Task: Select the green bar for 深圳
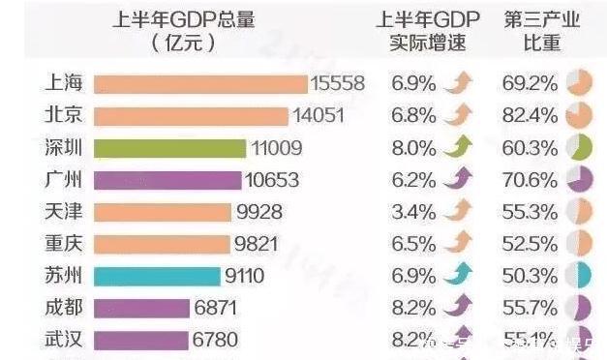[x=169, y=148]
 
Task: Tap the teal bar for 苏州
[x=157, y=276]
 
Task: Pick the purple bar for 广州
[x=167, y=180]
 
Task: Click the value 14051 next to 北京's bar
[x=319, y=116]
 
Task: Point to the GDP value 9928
[x=261, y=212]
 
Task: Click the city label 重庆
[x=64, y=244]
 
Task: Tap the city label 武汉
[x=64, y=340]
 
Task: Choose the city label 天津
[x=64, y=212]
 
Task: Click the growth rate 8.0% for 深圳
[x=413, y=148]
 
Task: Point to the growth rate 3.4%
[x=413, y=212]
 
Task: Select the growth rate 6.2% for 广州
[x=413, y=180]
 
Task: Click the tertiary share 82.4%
[x=530, y=116]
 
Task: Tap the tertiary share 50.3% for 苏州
[x=530, y=276]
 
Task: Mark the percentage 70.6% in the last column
[x=530, y=180]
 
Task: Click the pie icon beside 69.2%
[x=579, y=84]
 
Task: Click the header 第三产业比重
[x=542, y=32]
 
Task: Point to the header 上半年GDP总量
[x=184, y=32]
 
